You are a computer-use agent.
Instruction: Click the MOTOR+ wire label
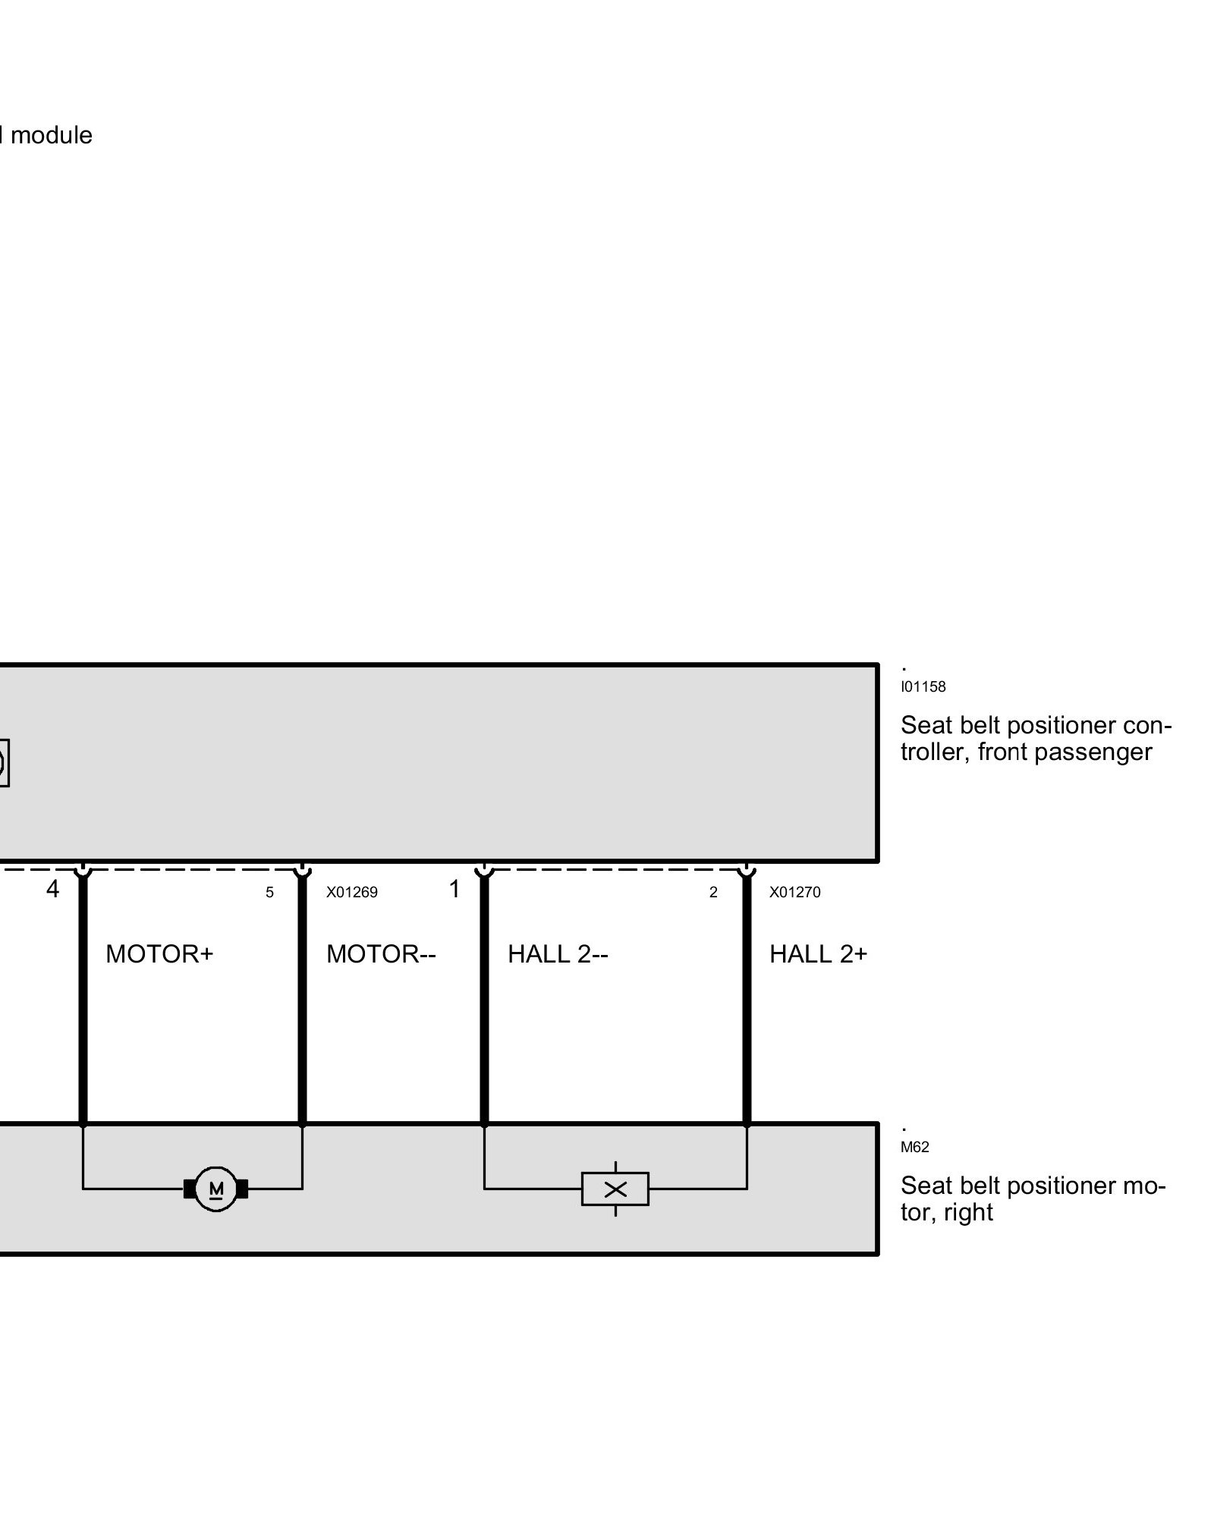click(x=159, y=954)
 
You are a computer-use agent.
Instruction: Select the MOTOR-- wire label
click(x=381, y=954)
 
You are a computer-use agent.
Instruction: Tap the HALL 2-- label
click(x=558, y=954)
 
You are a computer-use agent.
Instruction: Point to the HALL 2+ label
click(x=818, y=954)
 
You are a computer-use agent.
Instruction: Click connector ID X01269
click(x=352, y=893)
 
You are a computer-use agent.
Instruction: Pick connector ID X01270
click(x=795, y=893)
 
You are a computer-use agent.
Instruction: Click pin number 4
click(x=52, y=890)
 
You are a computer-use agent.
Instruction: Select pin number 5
click(x=269, y=893)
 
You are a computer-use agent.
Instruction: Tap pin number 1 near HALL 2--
click(x=454, y=890)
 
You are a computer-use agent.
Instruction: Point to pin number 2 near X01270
click(x=713, y=893)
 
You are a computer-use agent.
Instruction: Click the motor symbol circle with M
click(x=216, y=1189)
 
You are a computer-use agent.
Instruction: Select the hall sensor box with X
click(x=615, y=1189)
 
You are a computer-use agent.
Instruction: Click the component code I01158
click(x=923, y=687)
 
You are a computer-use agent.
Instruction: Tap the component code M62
click(x=915, y=1148)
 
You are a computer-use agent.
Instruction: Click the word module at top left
click(x=52, y=136)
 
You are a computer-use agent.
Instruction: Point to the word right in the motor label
click(x=969, y=1212)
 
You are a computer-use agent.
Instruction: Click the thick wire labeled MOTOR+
click(x=83, y=1024)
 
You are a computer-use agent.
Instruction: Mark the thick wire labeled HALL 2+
click(x=747, y=1024)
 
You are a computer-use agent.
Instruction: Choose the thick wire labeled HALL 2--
click(x=484, y=1024)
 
